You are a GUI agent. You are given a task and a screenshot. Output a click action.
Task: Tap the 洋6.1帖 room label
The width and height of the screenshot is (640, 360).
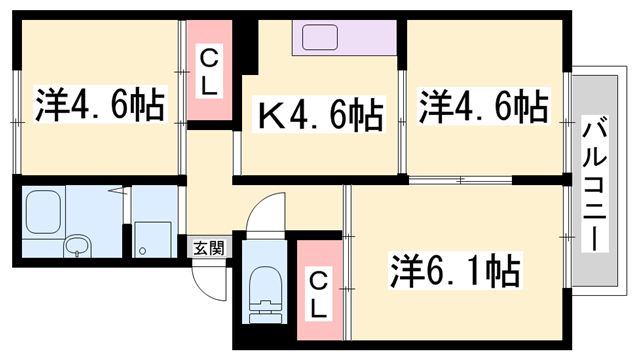(x=453, y=270)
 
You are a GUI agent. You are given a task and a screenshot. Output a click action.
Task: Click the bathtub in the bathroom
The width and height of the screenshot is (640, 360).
(x=45, y=211)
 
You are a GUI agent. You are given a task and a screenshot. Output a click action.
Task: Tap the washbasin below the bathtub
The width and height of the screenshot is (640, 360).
(x=76, y=245)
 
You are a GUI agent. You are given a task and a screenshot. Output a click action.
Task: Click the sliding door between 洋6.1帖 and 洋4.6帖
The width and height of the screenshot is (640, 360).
(x=460, y=181)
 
